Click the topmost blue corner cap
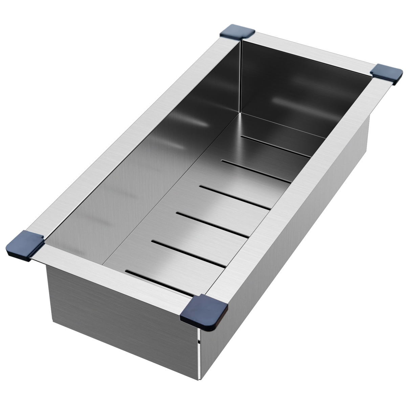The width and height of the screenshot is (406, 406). point(237,33)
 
